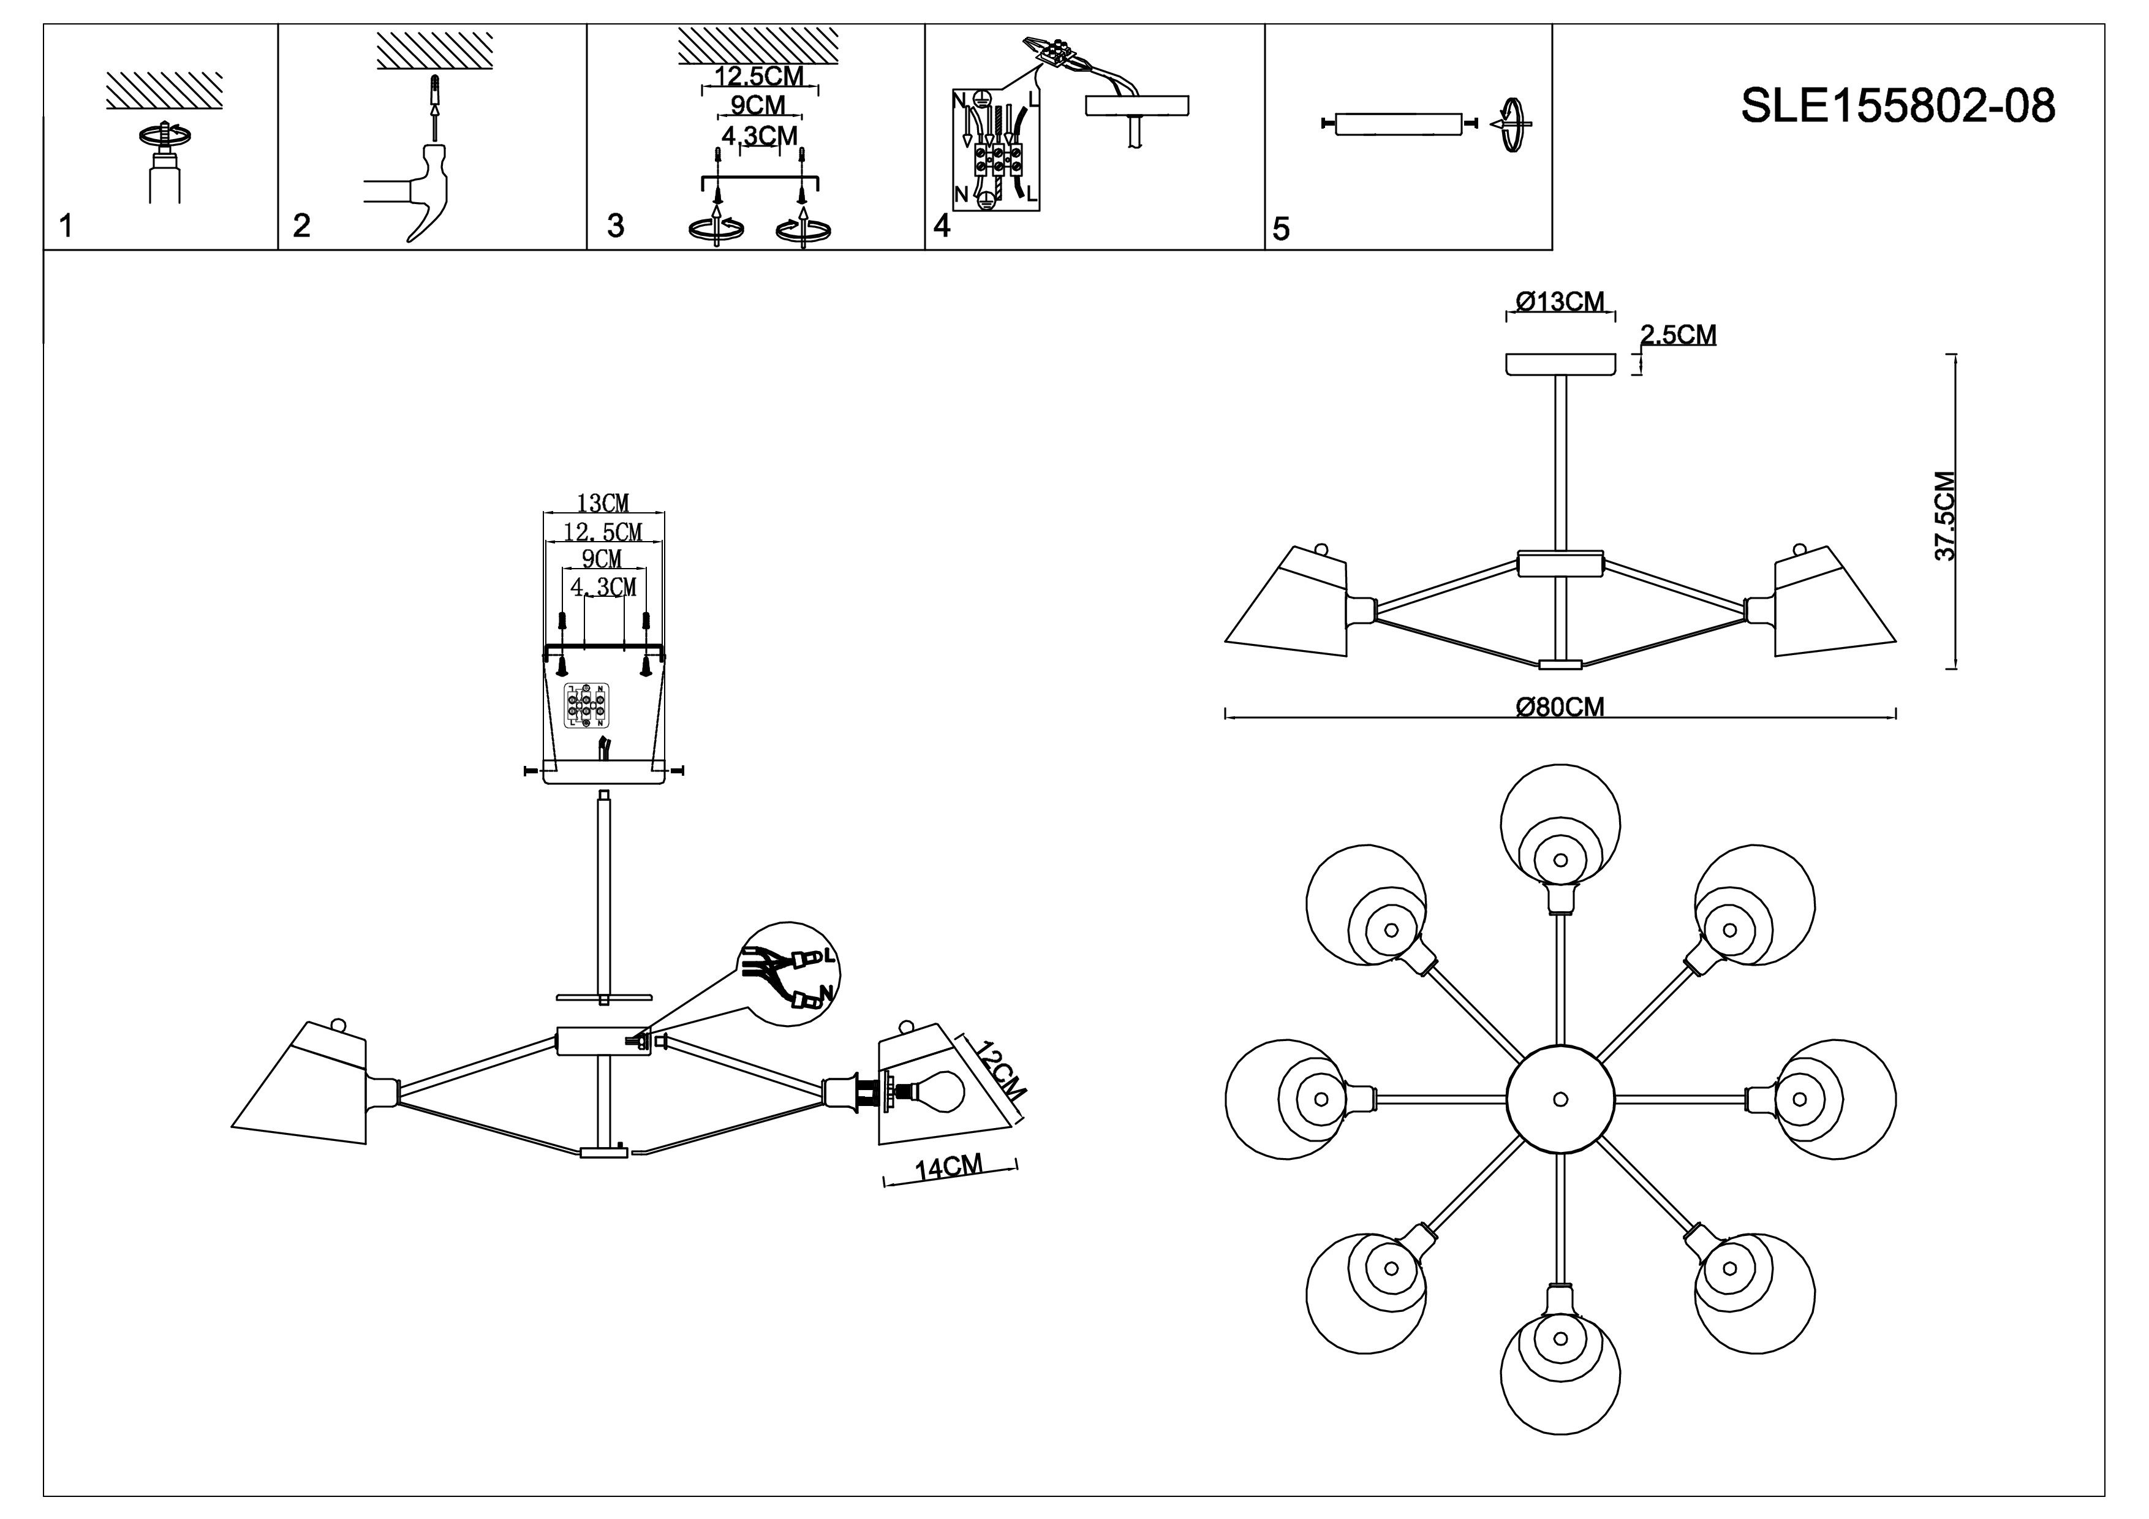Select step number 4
click(942, 225)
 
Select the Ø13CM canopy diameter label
click(1560, 301)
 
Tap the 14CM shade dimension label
click(949, 1168)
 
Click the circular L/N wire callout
click(787, 974)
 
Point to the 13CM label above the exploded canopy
click(603, 504)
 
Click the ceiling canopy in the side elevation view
click(1560, 363)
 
